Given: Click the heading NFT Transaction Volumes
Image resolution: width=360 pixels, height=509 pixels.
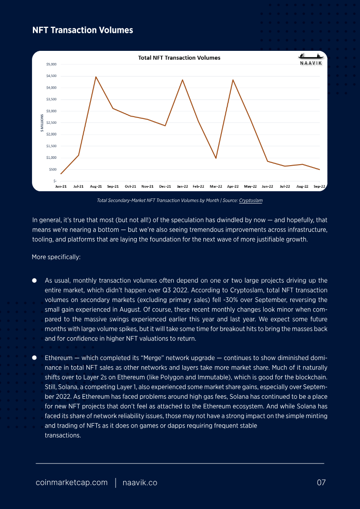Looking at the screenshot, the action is pyautogui.click(x=82, y=30).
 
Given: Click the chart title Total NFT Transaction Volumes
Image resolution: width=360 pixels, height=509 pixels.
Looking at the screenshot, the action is pyautogui.click(x=179, y=58).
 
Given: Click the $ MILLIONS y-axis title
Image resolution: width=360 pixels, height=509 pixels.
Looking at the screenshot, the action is pyautogui.click(x=41, y=123).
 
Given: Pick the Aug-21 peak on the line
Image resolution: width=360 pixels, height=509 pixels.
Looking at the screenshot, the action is pyautogui.click(x=95, y=77).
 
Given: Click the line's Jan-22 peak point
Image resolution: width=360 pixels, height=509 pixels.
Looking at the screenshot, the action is pyautogui.click(x=182, y=80).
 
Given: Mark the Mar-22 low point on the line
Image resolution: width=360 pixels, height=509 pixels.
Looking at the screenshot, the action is pyautogui.click(x=216, y=158).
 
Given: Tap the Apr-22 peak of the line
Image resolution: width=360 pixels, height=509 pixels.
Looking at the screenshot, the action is pyautogui.click(x=233, y=80).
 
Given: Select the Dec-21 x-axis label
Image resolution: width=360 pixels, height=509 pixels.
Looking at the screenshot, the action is pyautogui.click(x=165, y=186).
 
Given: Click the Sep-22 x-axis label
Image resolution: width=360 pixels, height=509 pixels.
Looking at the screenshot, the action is pyautogui.click(x=320, y=186).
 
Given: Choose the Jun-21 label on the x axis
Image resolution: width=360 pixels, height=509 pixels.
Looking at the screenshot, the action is pyautogui.click(x=61, y=186).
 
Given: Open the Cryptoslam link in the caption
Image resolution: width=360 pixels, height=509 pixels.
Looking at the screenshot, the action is pyautogui.click(x=251, y=201).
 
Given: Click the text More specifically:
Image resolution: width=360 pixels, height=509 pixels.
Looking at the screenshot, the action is pyautogui.click(x=56, y=257).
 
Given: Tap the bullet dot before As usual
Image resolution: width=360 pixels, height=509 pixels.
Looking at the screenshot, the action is pyautogui.click(x=34, y=279).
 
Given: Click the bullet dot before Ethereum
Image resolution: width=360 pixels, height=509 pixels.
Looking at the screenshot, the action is pyautogui.click(x=34, y=358).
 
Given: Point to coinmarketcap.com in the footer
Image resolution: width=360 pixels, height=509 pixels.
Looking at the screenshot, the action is pyautogui.click(x=72, y=483).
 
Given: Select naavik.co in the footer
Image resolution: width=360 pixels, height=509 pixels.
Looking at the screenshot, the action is pyautogui.click(x=140, y=483).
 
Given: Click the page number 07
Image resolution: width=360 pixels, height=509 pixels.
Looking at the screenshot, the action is pyautogui.click(x=321, y=483).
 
